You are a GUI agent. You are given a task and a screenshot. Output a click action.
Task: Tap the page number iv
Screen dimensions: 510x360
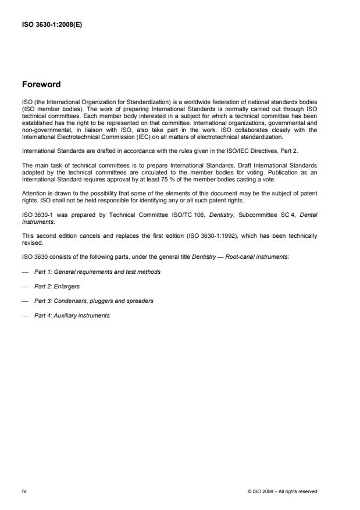tap(24, 491)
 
